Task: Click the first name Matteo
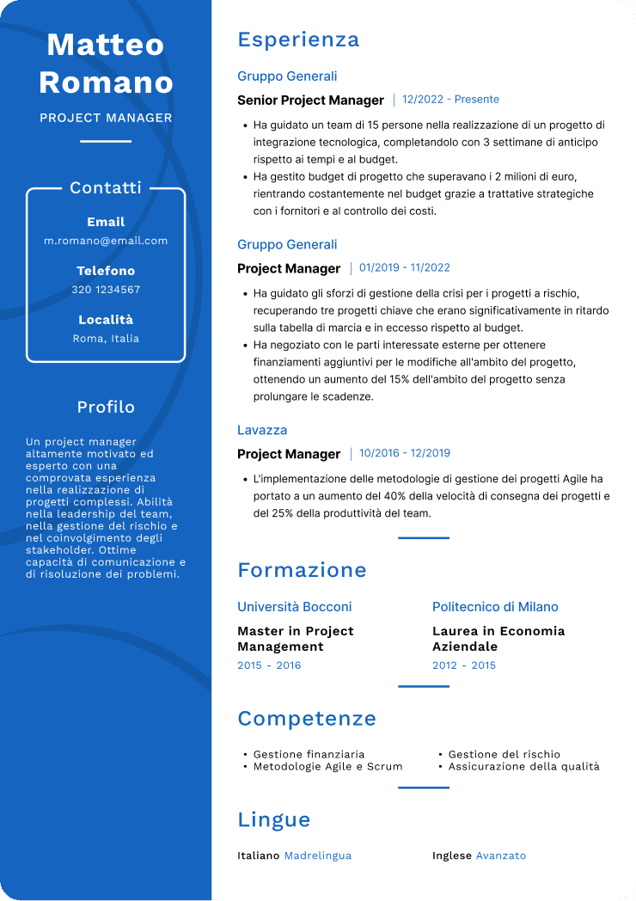[x=106, y=44]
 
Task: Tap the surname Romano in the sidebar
[x=106, y=83]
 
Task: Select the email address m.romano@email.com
[x=106, y=241]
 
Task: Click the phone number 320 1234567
[x=106, y=290]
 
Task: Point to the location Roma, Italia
[x=106, y=339]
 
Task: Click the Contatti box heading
[x=106, y=187]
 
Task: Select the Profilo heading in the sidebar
[x=106, y=407]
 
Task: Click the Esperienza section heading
[x=298, y=40]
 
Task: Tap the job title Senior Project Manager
[x=310, y=101]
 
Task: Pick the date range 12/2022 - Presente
[x=450, y=100]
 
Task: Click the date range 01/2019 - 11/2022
[x=405, y=268]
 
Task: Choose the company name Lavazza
[x=262, y=430]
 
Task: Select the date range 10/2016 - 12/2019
[x=405, y=454]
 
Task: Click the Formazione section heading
[x=302, y=570]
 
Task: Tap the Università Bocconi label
[x=294, y=607]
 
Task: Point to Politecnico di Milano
[x=495, y=607]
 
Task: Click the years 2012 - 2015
[x=464, y=665]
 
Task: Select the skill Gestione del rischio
[x=504, y=754]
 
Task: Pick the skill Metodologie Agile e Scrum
[x=327, y=766]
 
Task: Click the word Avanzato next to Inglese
[x=501, y=855]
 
